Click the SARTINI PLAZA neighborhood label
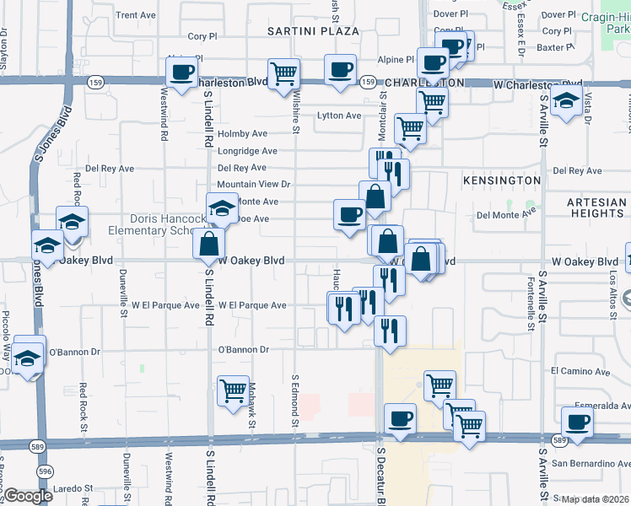313,31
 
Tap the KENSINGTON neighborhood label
501,180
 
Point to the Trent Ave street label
136,15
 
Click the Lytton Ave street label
338,116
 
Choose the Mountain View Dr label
253,184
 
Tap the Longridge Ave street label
247,152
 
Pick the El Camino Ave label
580,371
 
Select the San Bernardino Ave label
591,463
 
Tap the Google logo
27,496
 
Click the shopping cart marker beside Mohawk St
233,390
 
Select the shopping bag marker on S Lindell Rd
208,244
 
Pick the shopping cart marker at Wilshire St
283,73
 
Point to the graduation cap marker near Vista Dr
566,101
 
